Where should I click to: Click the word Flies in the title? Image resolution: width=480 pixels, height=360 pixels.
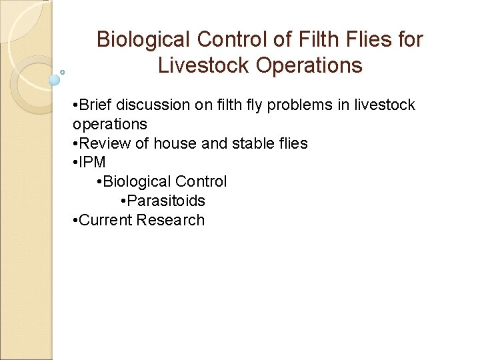pos(369,40)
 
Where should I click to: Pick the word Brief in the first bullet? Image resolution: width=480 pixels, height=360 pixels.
pos(95,105)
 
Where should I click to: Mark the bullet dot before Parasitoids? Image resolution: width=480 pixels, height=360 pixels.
pos(124,201)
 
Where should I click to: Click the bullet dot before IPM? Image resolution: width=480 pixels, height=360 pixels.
pos(75,163)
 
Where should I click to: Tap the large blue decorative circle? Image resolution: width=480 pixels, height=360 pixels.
pos(55,80)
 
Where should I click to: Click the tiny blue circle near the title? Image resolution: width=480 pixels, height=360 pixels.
pos(62,72)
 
